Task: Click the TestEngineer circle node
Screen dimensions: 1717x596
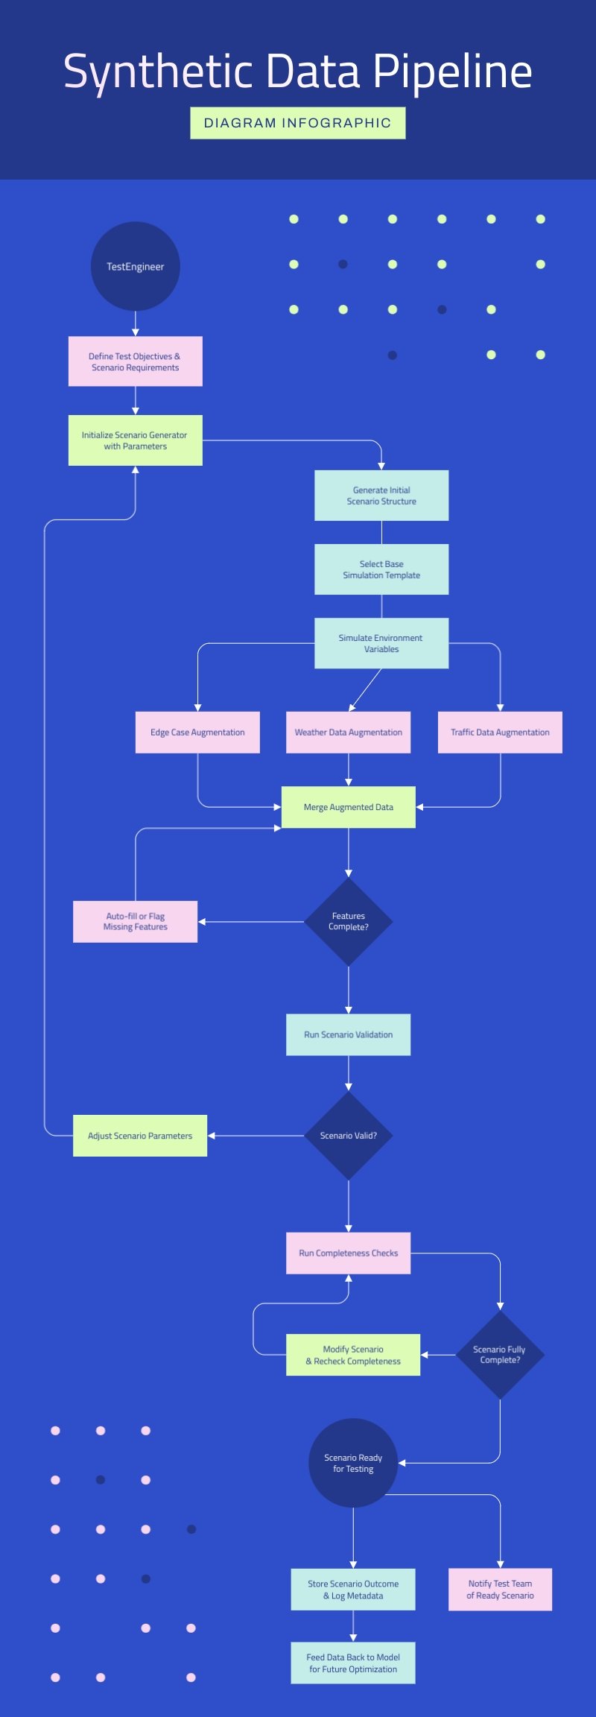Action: tap(135, 266)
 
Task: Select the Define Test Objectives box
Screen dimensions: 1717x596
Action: tap(135, 361)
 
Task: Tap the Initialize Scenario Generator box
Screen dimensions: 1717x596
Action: tap(135, 440)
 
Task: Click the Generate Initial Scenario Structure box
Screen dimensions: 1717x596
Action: tap(381, 496)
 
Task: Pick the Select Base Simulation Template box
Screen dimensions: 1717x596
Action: tap(381, 569)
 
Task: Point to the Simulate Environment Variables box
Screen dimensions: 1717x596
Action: tap(381, 643)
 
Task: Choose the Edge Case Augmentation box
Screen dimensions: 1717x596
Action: tap(197, 732)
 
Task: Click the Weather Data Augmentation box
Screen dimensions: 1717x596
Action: tap(348, 732)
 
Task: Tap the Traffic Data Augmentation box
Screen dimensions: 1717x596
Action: tap(500, 732)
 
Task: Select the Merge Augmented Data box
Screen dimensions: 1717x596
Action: tap(348, 807)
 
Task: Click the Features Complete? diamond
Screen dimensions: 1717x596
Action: tap(348, 922)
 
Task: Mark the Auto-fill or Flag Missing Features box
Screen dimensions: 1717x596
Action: tap(135, 922)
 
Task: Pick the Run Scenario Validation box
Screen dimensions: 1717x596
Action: tap(348, 1034)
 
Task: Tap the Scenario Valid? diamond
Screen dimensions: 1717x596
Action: tap(348, 1136)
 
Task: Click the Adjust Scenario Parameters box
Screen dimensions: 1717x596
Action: tap(140, 1136)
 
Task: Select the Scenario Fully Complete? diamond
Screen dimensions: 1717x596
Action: tap(500, 1354)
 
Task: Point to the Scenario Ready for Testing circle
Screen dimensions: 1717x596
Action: tap(353, 1463)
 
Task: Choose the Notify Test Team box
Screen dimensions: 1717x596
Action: tap(500, 1590)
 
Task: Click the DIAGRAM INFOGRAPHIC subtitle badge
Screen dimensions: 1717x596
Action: tap(297, 123)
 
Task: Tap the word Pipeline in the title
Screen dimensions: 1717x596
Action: tap(452, 72)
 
